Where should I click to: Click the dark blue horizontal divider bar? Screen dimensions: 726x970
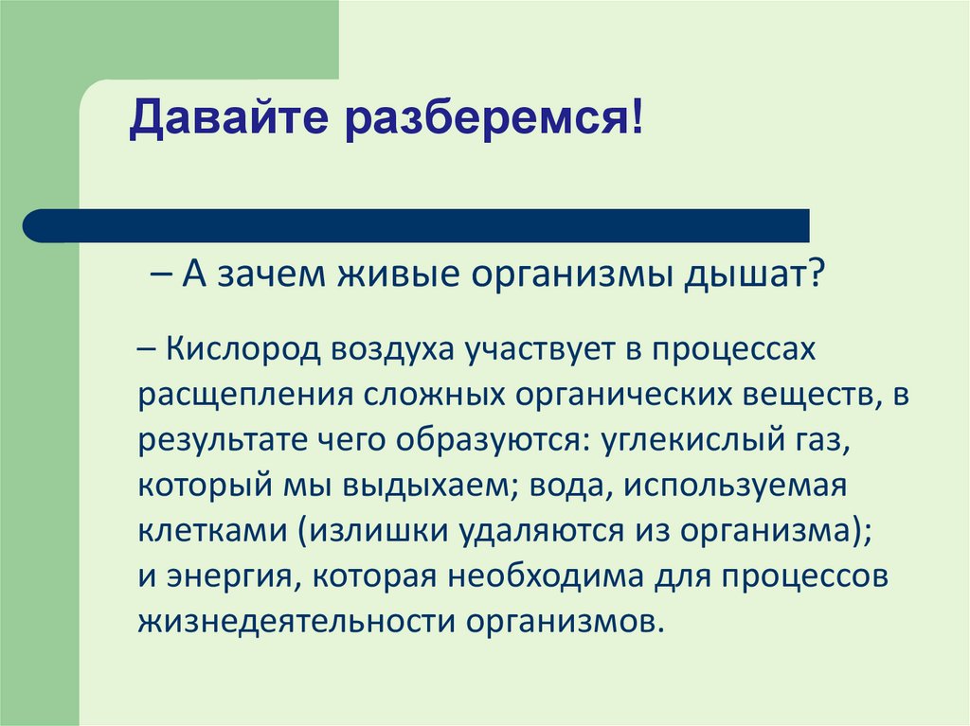[417, 226]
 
